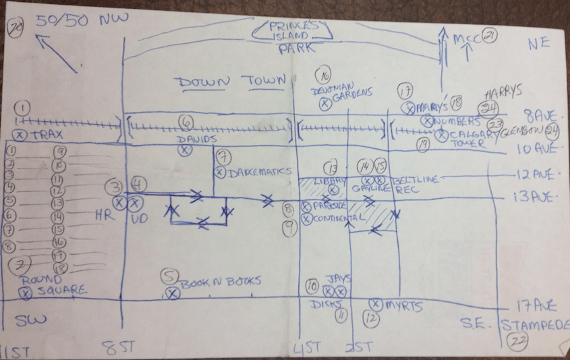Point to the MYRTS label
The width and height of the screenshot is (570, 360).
(x=403, y=307)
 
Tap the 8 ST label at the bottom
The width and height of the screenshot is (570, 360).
(x=119, y=349)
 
